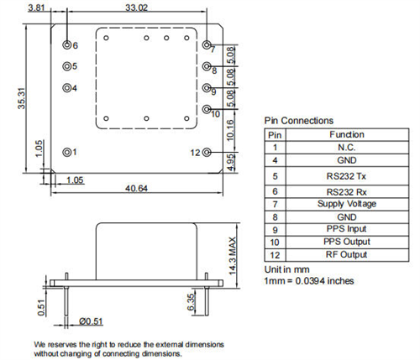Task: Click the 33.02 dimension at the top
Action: [137, 8]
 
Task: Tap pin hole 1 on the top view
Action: [67, 152]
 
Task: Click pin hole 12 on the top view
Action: [207, 153]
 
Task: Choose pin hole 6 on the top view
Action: [67, 44]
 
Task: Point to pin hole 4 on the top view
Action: [67, 87]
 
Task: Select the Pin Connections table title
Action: [298, 121]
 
